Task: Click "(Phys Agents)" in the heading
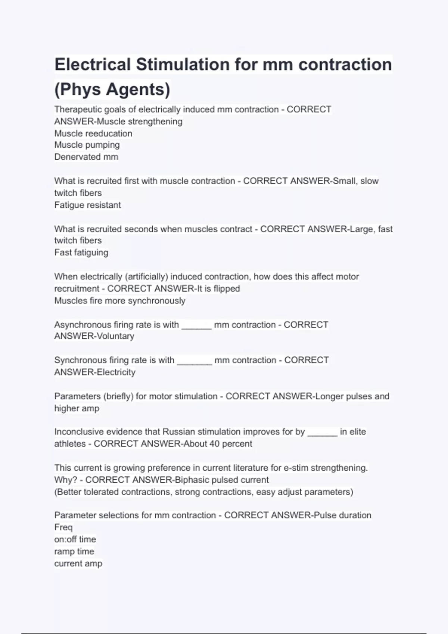click(112, 89)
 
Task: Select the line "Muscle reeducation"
click(93, 133)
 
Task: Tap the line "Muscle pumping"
click(87, 145)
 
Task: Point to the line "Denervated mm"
click(86, 157)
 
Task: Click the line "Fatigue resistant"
click(88, 205)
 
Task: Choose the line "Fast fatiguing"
click(81, 252)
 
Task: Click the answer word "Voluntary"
click(115, 336)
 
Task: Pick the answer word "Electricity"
click(116, 372)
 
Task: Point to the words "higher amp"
click(77, 408)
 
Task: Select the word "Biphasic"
click(192, 480)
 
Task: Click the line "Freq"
click(63, 527)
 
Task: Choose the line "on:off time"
click(75, 539)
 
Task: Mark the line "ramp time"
click(74, 551)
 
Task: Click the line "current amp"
click(78, 564)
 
